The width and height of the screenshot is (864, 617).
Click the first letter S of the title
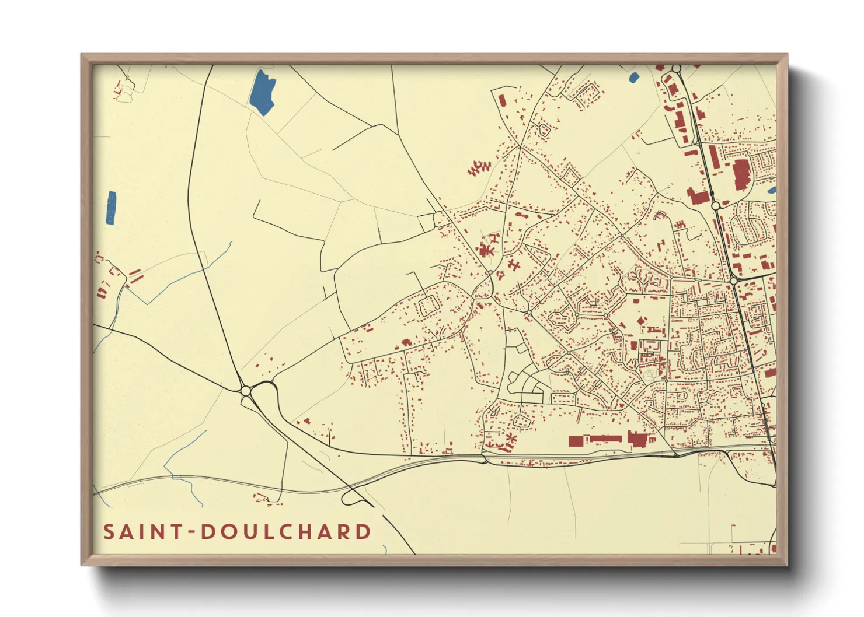109,531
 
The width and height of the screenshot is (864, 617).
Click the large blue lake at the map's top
262,92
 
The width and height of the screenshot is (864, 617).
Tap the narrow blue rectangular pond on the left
111,208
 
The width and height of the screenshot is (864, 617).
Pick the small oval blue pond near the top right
633,76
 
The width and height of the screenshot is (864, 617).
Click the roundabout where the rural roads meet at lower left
246,390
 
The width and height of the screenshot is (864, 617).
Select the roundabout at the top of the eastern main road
676,69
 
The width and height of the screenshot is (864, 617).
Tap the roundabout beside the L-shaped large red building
716,205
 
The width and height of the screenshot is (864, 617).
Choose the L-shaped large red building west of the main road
697,196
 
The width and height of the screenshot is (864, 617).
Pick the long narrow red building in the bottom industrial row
607,439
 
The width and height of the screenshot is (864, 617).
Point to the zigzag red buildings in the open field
478,169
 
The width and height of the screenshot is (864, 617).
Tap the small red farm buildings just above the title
262,497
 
